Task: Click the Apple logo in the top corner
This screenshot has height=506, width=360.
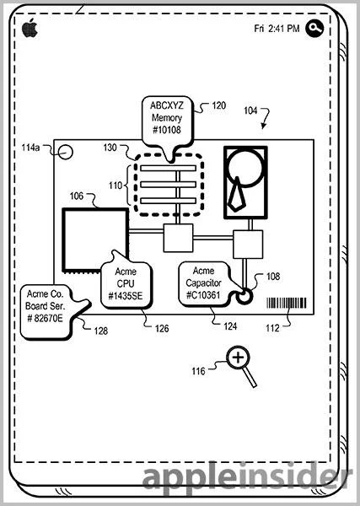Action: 30,28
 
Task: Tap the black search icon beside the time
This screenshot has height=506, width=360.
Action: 314,29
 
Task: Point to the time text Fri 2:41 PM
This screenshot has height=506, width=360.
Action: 277,29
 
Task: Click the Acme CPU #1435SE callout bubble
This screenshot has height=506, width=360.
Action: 126,284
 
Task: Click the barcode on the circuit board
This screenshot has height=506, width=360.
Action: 287,303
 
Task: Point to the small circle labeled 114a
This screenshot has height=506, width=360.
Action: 66,152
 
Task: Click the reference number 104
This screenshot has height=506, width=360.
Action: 250,110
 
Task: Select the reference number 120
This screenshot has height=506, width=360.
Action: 218,105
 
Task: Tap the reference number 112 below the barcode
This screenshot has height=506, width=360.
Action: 272,328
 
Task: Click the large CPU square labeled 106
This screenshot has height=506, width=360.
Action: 95,240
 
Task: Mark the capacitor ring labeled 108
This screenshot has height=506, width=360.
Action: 244,296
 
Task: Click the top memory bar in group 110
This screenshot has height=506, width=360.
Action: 168,168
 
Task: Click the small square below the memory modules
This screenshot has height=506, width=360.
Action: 178,238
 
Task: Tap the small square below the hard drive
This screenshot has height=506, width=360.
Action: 248,245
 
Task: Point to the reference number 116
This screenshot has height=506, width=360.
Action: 198,371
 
